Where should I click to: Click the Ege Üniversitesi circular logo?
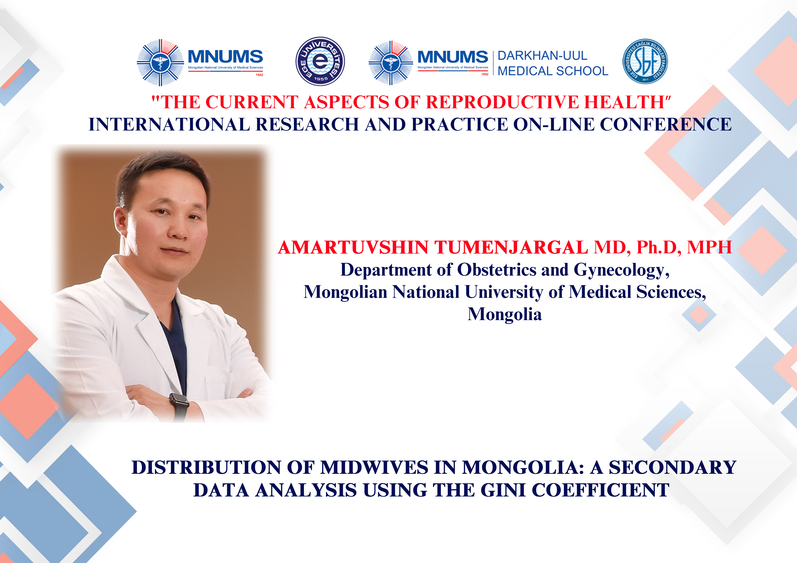click(x=320, y=61)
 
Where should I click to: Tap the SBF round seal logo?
click(x=645, y=61)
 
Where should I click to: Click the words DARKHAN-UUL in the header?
click(x=542, y=55)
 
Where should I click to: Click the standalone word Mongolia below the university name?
click(x=504, y=314)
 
